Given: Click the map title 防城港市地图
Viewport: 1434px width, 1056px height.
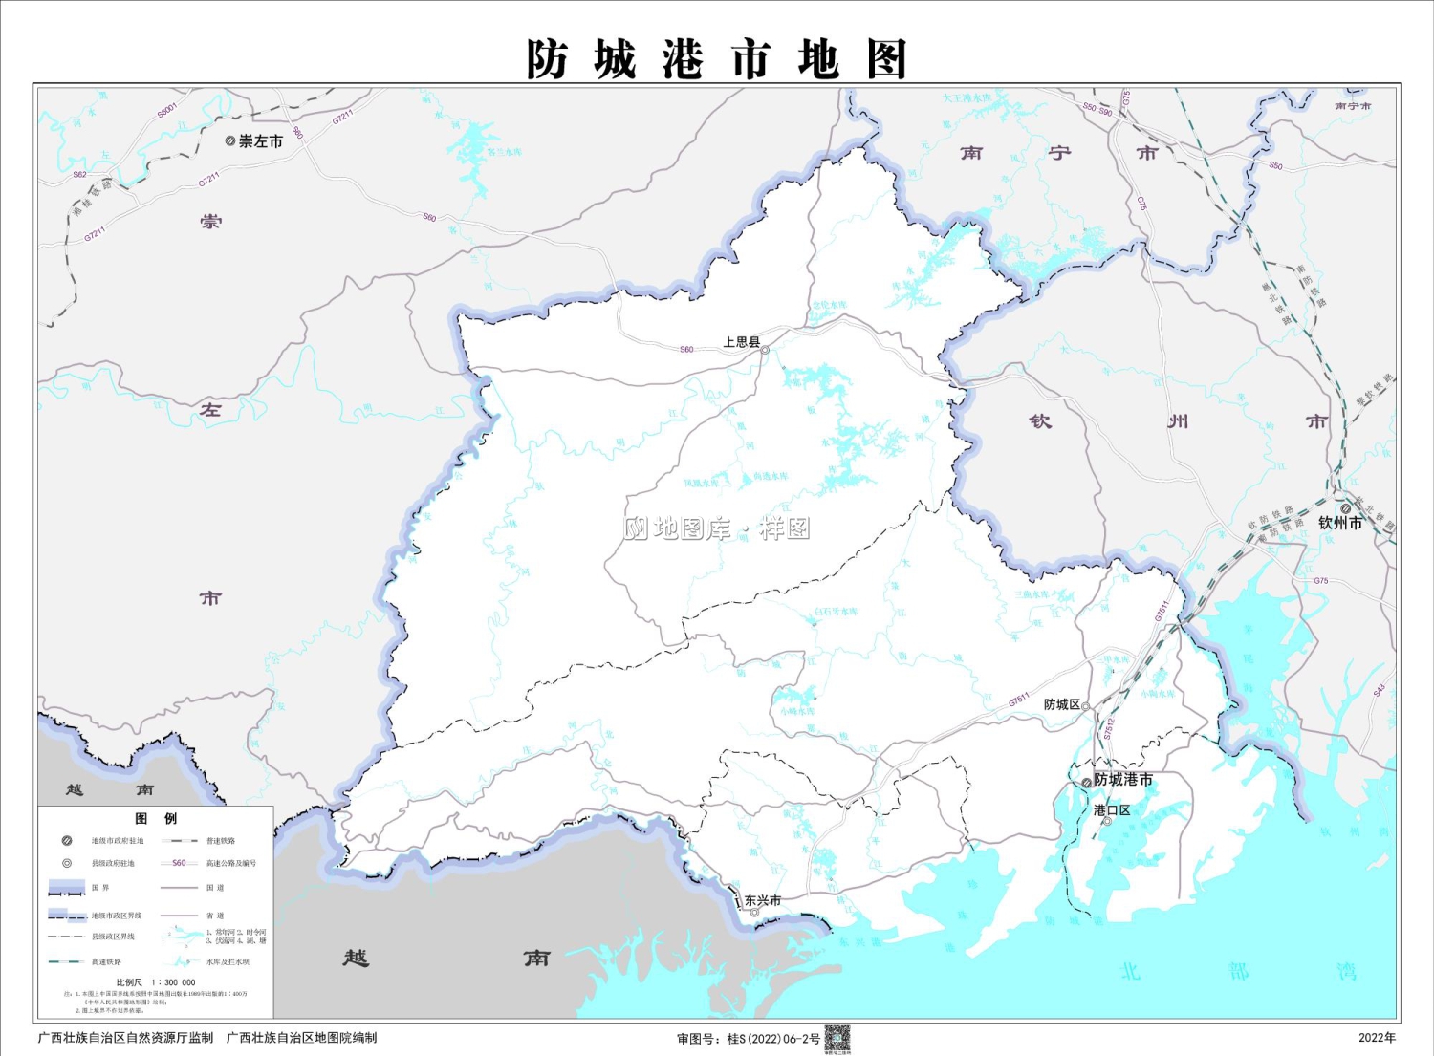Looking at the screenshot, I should tap(716, 59).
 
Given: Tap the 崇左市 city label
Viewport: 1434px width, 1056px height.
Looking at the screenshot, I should tap(260, 141).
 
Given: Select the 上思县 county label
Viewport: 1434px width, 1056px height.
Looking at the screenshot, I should tap(741, 342).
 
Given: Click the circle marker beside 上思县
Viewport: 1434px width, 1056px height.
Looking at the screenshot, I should tap(765, 351).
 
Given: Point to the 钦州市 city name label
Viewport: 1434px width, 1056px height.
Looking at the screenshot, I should tap(1340, 523).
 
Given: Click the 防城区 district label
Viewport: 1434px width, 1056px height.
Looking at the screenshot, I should tap(1061, 704).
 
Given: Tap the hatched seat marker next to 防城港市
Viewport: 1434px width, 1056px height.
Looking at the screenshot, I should tap(1086, 783).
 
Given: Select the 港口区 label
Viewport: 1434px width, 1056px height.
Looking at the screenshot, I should tap(1112, 810).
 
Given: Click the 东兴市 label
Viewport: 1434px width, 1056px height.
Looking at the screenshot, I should tap(763, 900).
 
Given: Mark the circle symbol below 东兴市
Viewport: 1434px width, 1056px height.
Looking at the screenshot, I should tap(754, 913).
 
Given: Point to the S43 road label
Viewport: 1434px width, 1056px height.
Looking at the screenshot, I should tap(1379, 691).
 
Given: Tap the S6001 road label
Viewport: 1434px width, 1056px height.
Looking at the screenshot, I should tap(167, 111).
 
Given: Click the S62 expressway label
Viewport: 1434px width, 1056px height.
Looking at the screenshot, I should tap(79, 175).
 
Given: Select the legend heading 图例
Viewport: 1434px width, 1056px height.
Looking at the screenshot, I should tap(156, 819).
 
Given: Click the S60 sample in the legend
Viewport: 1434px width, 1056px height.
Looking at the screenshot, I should tap(179, 863).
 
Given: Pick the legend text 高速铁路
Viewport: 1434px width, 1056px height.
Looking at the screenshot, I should tap(106, 961).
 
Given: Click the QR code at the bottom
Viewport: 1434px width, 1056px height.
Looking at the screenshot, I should tap(837, 1039).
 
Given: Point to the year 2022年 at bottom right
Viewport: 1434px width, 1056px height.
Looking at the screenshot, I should tap(1377, 1038).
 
